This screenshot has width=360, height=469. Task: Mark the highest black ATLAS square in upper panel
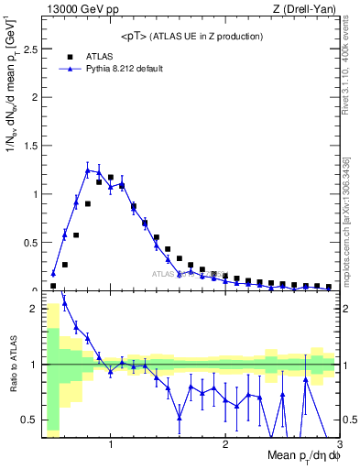(x=111, y=178)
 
